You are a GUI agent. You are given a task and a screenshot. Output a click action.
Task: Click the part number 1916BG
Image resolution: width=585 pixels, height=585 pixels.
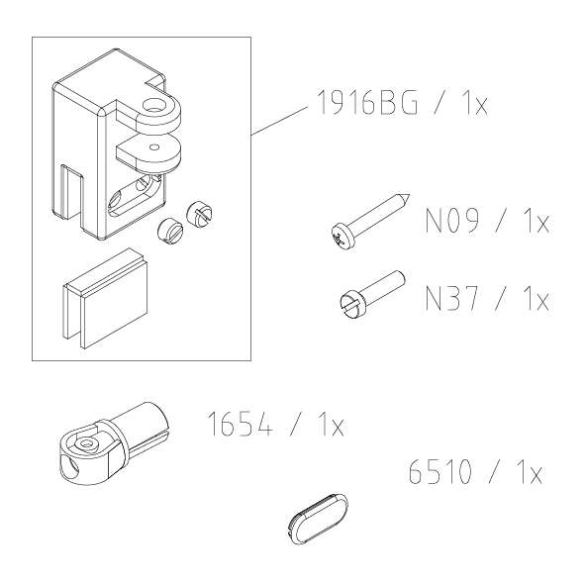(x=368, y=102)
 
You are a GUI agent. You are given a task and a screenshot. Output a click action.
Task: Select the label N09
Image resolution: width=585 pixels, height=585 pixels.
(x=451, y=220)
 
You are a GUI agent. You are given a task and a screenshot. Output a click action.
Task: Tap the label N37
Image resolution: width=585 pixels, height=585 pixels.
(x=451, y=299)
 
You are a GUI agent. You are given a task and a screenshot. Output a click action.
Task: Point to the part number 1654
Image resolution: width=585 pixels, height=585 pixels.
(x=241, y=424)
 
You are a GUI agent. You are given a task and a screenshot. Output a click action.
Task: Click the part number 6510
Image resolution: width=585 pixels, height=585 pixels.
(x=440, y=472)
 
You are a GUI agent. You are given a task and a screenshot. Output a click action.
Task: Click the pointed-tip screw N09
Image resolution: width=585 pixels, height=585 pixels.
(x=370, y=221)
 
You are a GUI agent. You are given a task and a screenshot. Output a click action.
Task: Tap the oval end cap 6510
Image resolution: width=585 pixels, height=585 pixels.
(x=319, y=516)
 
